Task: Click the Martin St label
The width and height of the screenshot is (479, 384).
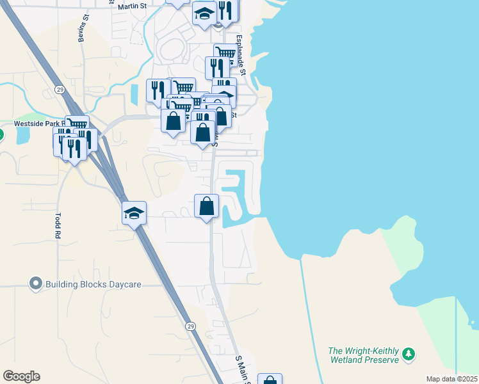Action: pos(131,6)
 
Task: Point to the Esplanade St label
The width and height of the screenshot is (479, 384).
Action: pos(241,55)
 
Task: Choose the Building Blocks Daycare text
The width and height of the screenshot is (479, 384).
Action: pos(93,284)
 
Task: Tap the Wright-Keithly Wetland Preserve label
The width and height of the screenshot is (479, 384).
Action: pos(363,355)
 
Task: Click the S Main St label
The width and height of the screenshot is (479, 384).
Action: pos(241,369)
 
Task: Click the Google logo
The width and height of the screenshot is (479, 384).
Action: pos(21,376)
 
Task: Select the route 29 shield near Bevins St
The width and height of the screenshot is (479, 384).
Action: pos(59,89)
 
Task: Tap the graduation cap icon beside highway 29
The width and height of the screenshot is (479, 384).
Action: pos(134,212)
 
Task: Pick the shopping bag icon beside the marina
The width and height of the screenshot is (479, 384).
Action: pos(206,206)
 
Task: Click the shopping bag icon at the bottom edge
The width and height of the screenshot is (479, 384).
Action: pos(270,380)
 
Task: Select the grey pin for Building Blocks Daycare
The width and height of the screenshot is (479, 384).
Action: pos(36,283)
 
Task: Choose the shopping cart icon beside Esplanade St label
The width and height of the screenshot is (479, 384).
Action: pos(225,54)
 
